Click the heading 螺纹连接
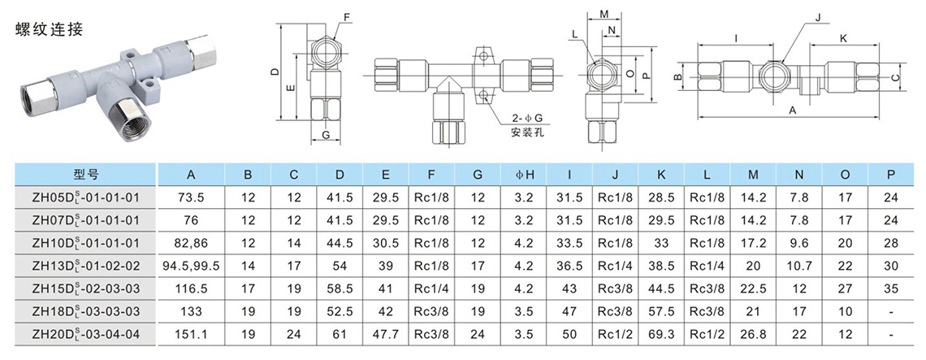click(50, 29)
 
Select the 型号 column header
click(85, 174)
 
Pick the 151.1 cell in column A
click(191, 333)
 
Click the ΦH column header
click(525, 174)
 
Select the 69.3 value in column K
click(662, 333)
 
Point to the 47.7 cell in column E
click(385, 333)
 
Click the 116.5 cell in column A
click(191, 288)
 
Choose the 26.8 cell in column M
click(753, 333)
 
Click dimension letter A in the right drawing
click(793, 109)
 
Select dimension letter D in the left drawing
click(275, 72)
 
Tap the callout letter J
click(818, 16)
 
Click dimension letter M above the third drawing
click(604, 15)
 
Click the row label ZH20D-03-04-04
click(85, 333)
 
